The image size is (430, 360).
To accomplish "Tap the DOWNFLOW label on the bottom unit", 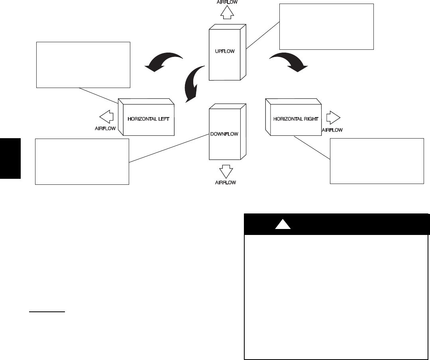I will click(224, 134).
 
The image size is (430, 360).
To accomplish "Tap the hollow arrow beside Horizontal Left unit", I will click(106, 117).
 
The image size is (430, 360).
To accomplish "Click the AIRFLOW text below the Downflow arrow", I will click(226, 182).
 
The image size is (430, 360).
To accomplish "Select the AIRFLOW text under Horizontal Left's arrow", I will click(105, 129).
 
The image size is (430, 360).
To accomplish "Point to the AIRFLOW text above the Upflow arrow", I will click(227, 2).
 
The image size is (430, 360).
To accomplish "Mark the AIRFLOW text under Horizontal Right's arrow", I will click(332, 129).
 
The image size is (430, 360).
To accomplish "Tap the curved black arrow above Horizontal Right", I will click(289, 62).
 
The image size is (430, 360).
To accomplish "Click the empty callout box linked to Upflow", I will click(326, 26).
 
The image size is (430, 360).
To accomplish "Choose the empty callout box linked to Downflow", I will click(82, 162).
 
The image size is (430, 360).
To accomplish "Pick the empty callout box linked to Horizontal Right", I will click(377, 161).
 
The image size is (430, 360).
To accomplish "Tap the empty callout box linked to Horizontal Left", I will click(83, 65).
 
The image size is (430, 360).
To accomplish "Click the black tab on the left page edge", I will click(10, 158).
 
